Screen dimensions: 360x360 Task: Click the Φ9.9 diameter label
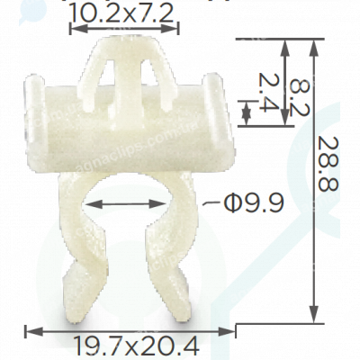point(252,202)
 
